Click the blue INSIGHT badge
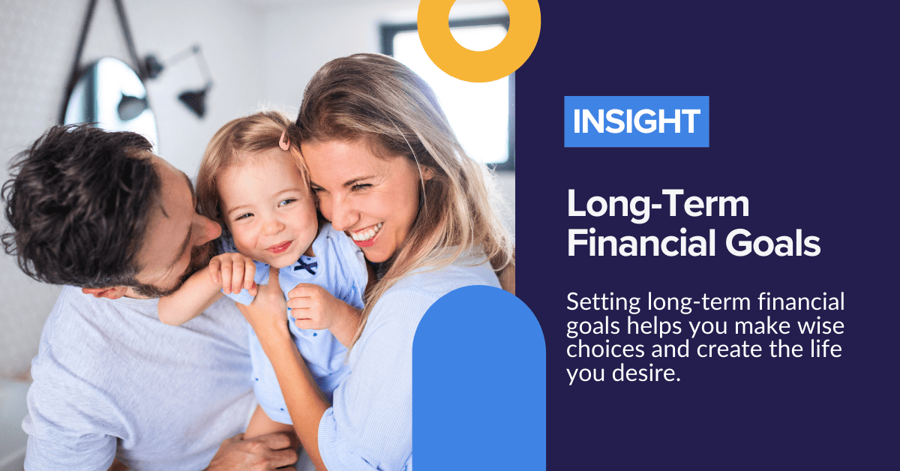pyautogui.click(x=636, y=121)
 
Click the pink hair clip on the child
pyautogui.click(x=283, y=140)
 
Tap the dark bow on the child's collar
pyautogui.click(x=305, y=265)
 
